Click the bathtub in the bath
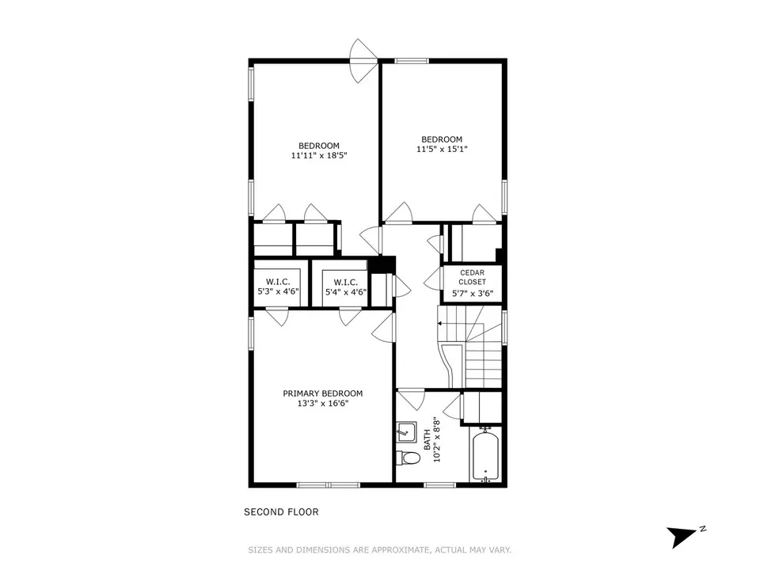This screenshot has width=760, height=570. click(x=485, y=455)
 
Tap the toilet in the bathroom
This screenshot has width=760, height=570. click(x=408, y=458)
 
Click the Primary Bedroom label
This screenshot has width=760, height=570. click(x=323, y=393)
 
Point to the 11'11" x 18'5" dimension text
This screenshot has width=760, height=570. click(x=319, y=156)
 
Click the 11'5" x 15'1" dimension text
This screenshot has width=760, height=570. click(x=442, y=150)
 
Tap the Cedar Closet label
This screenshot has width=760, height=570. click(x=472, y=277)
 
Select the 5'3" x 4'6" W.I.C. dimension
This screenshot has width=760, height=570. click(x=278, y=292)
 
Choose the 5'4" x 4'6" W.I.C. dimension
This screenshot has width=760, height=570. click(x=346, y=292)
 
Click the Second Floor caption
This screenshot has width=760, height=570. click(x=281, y=512)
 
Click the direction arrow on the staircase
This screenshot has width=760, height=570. click(x=440, y=323)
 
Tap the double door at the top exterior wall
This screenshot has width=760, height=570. click(x=364, y=61)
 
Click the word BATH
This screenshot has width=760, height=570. click(x=427, y=439)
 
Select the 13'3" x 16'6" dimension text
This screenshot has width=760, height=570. click(x=323, y=403)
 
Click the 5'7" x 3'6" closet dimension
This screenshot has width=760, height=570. click(x=473, y=293)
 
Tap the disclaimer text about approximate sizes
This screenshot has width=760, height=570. click(x=379, y=550)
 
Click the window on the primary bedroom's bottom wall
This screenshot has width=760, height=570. click(x=328, y=484)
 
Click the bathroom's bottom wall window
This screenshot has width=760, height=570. click(x=439, y=484)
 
